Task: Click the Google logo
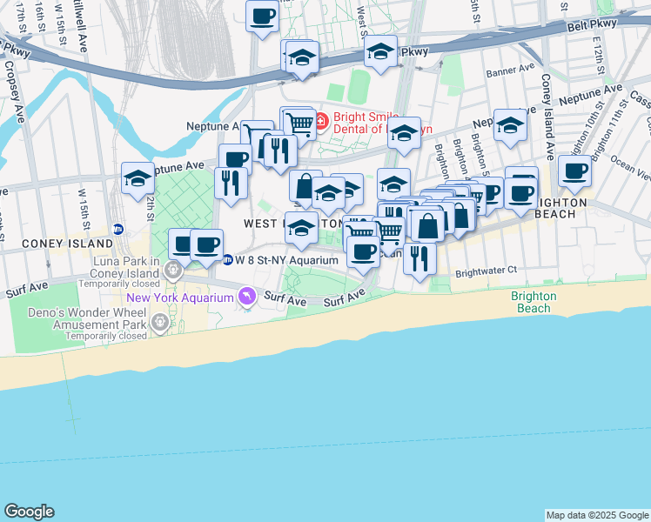[x=29, y=512]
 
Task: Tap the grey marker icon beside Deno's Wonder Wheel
[x=160, y=324]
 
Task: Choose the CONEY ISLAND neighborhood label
[x=57, y=244]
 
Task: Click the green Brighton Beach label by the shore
[x=534, y=302]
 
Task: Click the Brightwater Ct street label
[x=486, y=271]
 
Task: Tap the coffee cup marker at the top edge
[x=262, y=15]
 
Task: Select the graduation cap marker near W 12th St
[x=138, y=178]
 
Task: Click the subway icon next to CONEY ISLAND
[x=119, y=230]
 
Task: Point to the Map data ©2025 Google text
[x=597, y=515]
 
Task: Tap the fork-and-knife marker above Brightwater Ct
[x=419, y=258]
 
